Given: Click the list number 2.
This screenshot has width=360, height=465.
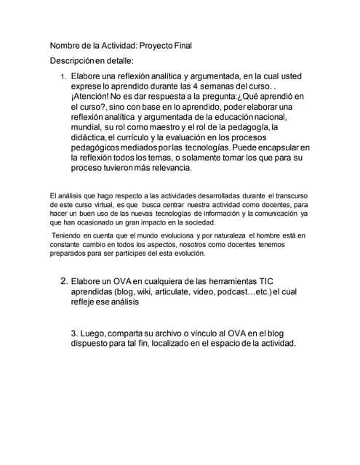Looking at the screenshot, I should [x=63, y=281].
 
